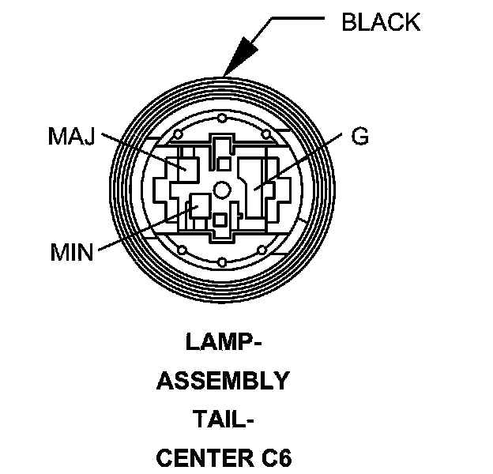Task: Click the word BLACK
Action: point(380,22)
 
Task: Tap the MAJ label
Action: point(72,137)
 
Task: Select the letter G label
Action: point(359,137)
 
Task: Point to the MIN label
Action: point(72,253)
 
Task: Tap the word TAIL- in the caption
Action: point(224,419)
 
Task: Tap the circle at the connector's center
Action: point(224,190)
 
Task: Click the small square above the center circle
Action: point(224,163)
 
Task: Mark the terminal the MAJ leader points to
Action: point(175,167)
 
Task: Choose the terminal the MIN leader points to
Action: point(195,208)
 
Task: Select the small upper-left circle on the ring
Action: point(181,131)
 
